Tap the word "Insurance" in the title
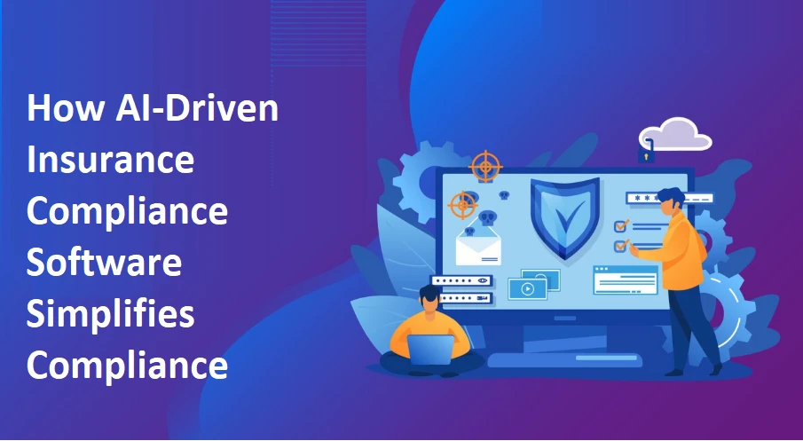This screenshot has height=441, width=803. pos(111,161)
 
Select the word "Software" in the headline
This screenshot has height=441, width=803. pos(105,264)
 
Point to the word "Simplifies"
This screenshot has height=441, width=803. pos(111,314)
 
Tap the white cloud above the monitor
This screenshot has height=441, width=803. pos(680,134)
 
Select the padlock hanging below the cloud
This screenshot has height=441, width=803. pos(648,154)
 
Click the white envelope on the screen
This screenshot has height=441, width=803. pos(480,248)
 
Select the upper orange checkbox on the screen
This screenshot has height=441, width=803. pos(621,226)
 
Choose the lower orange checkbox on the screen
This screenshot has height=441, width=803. pos(621,246)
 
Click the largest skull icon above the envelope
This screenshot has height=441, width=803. pos(487,218)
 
